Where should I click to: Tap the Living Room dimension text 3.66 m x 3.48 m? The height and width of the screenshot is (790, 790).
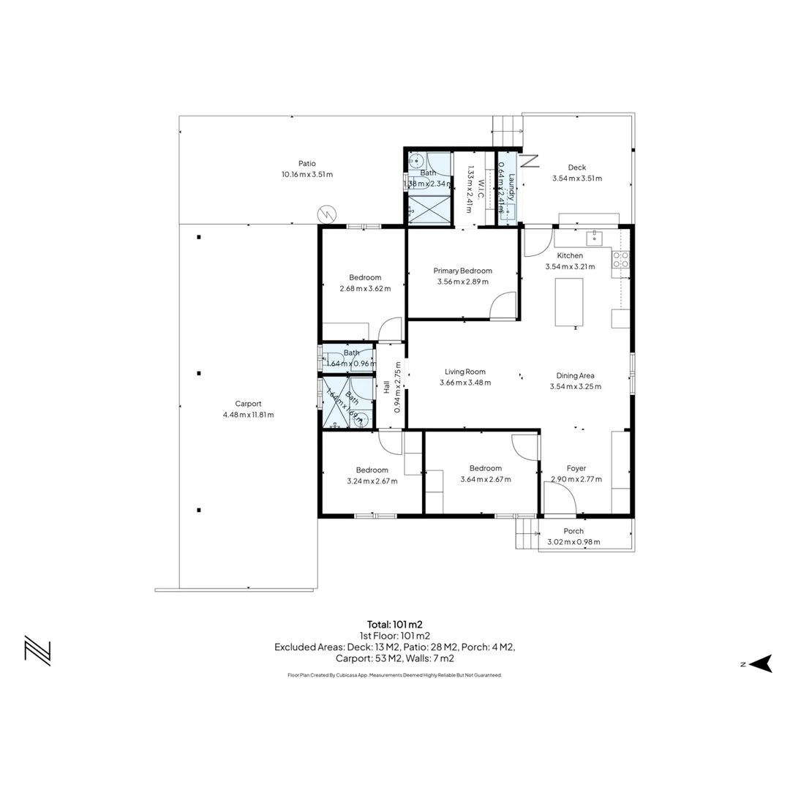click(x=465, y=383)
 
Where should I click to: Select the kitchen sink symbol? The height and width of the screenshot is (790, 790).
click(x=594, y=236)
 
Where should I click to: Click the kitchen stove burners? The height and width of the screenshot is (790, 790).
click(x=620, y=259)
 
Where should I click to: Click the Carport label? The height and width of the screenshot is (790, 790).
click(x=248, y=404)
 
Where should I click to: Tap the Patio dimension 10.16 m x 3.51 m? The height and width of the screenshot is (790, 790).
click(x=306, y=175)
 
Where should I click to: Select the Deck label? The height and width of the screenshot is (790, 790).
click(x=576, y=168)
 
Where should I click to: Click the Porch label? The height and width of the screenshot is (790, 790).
click(x=573, y=531)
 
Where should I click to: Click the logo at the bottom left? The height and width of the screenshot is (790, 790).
click(x=37, y=650)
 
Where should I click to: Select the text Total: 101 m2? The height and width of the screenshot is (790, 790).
click(x=394, y=625)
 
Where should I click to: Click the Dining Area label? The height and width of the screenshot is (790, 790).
click(x=575, y=375)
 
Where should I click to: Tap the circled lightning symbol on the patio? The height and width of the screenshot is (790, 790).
click(x=326, y=214)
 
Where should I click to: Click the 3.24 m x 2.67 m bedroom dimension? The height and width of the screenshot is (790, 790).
click(x=372, y=481)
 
